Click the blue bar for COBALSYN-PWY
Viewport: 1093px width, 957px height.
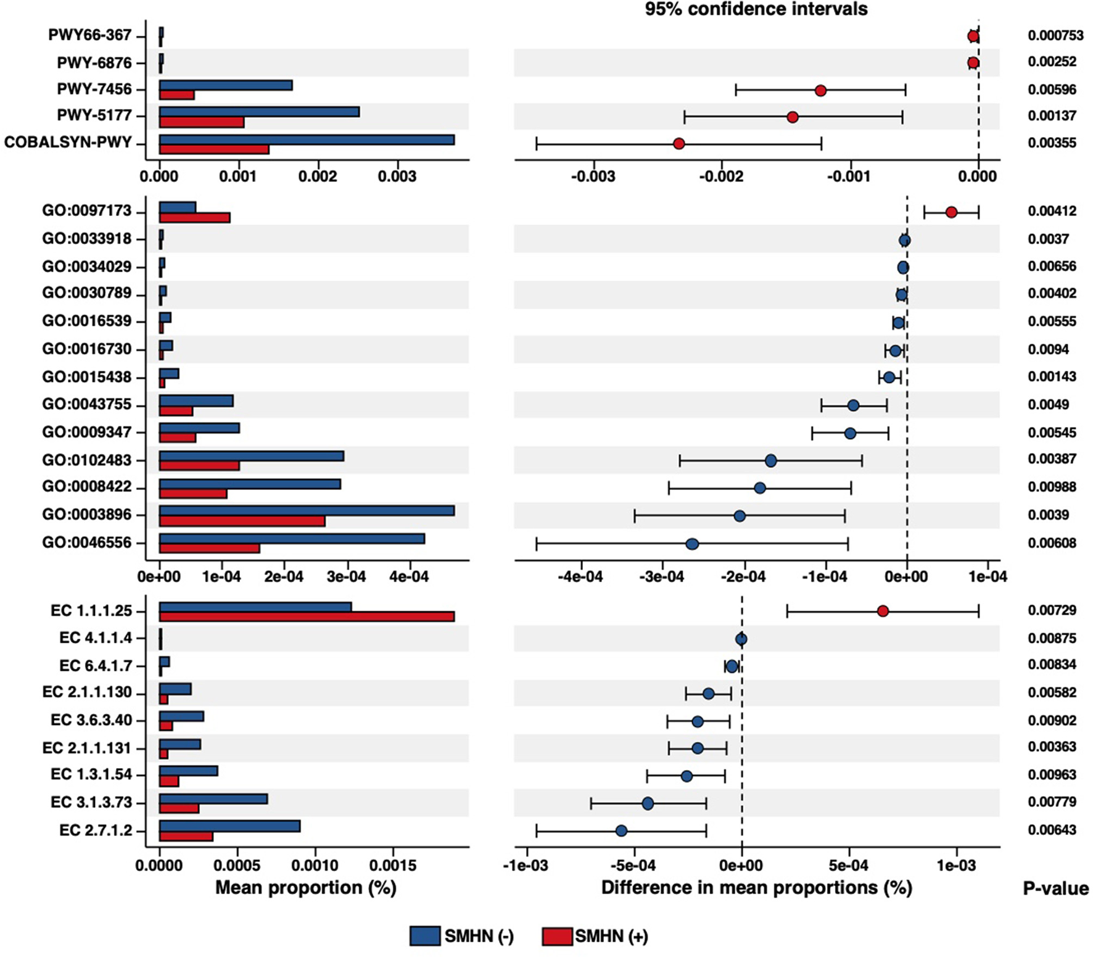coord(307,140)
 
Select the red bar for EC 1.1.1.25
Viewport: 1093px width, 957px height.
coord(307,616)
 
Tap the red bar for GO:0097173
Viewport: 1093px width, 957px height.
coord(195,218)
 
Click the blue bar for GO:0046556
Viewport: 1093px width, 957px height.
coord(292,539)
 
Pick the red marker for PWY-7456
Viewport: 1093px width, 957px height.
coord(820,91)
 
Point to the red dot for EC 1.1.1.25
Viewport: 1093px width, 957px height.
coord(883,611)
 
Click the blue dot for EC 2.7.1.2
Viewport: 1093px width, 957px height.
coord(621,831)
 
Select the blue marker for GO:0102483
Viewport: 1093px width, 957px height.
coord(770,460)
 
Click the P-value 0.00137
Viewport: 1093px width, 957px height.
coord(1052,115)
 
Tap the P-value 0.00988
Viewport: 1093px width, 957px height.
coord(1052,487)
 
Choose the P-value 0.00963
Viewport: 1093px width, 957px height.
coord(1052,774)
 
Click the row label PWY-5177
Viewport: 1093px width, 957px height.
coord(94,115)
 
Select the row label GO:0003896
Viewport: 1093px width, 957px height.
coord(87,515)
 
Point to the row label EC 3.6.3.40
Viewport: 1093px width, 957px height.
coord(91,720)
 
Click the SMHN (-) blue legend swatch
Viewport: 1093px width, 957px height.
coord(425,936)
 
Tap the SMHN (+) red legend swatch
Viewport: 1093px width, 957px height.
coord(557,936)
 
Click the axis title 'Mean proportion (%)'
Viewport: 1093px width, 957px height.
coord(305,888)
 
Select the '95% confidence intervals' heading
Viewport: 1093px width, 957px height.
coord(756,9)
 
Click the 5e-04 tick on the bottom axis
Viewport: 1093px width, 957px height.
coord(849,865)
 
